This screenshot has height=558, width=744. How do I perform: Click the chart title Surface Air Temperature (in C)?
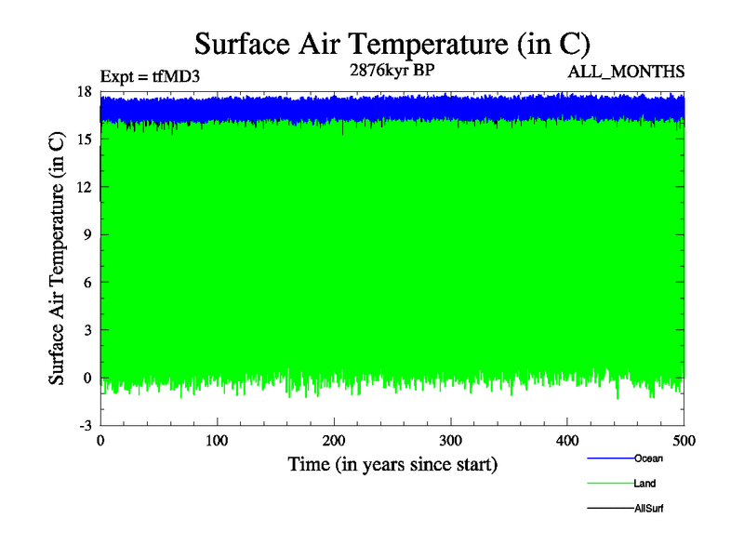(392, 44)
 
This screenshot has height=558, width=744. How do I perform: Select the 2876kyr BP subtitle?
(391, 70)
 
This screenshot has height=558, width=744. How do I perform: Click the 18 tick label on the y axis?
(84, 91)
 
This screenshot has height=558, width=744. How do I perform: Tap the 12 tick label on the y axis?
(84, 186)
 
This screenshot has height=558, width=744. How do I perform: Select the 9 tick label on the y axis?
(86, 234)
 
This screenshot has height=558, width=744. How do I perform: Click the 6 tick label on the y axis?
(86, 282)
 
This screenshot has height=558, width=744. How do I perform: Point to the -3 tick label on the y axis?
(84, 425)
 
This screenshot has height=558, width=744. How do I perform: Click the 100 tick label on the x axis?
(217, 440)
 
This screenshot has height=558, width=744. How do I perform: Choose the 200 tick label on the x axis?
(334, 440)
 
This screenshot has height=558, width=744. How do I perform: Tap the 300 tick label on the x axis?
(450, 440)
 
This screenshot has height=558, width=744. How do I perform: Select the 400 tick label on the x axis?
(567, 440)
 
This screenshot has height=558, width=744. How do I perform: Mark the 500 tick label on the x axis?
(684, 440)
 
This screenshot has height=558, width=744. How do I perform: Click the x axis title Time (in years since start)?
(392, 463)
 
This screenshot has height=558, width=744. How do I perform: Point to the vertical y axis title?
(57, 258)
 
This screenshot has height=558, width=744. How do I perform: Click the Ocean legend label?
(648, 458)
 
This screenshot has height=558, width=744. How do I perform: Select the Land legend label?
(644, 484)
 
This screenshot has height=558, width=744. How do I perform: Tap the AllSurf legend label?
(648, 509)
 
